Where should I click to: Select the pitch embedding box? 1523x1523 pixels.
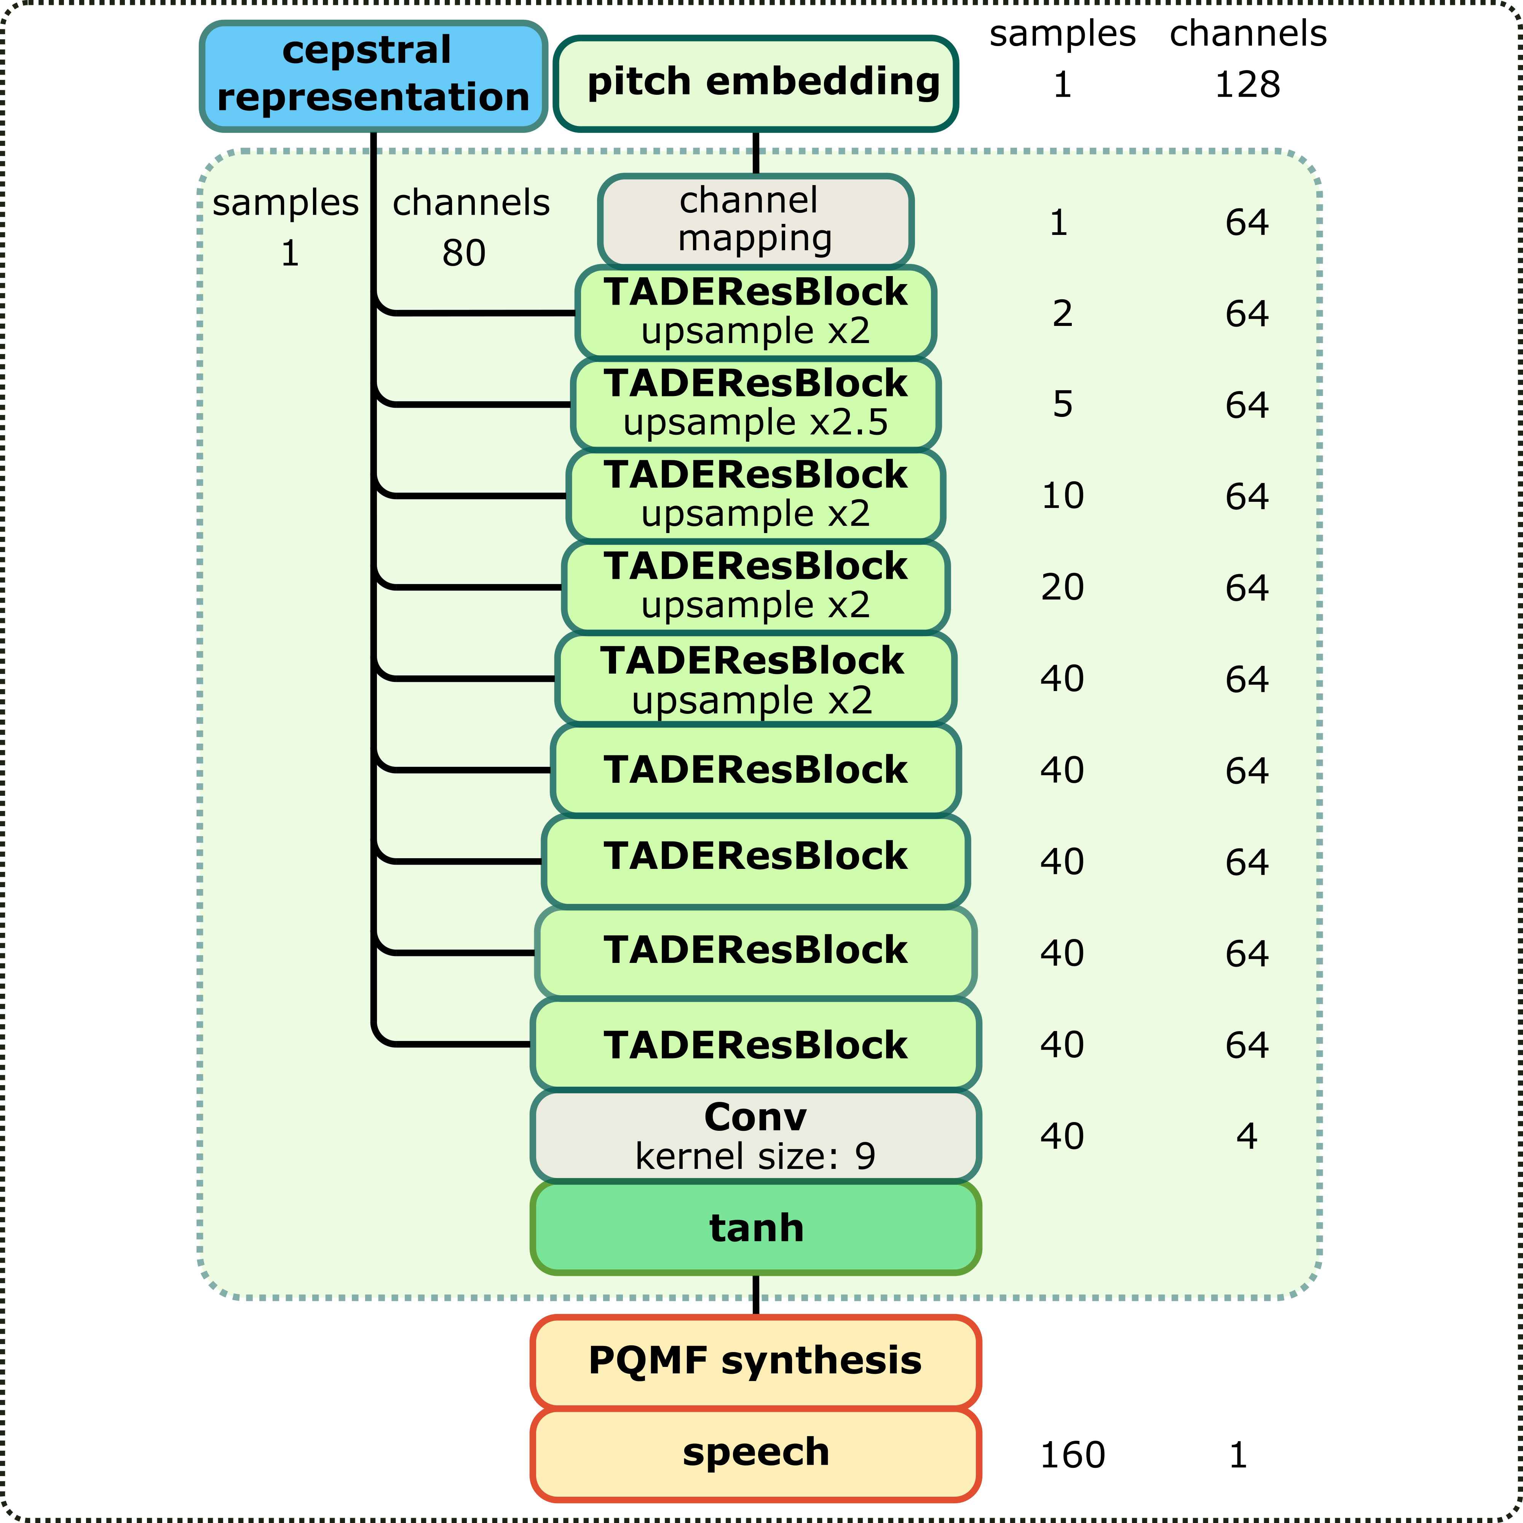point(755,83)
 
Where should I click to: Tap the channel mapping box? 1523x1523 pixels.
point(755,221)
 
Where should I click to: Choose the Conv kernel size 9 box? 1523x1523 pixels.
point(755,1136)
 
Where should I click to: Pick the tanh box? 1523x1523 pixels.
point(755,1228)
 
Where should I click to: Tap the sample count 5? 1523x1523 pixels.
point(1063,404)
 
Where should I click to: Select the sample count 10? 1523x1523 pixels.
point(1063,496)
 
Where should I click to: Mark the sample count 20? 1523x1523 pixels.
point(1063,587)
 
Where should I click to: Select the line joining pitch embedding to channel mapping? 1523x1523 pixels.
point(755,153)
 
